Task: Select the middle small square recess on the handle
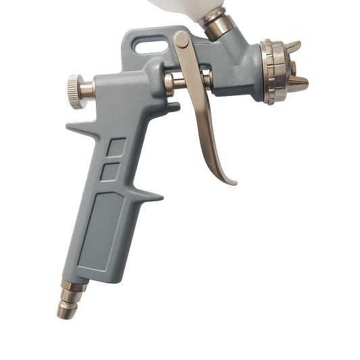tap(110, 172)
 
